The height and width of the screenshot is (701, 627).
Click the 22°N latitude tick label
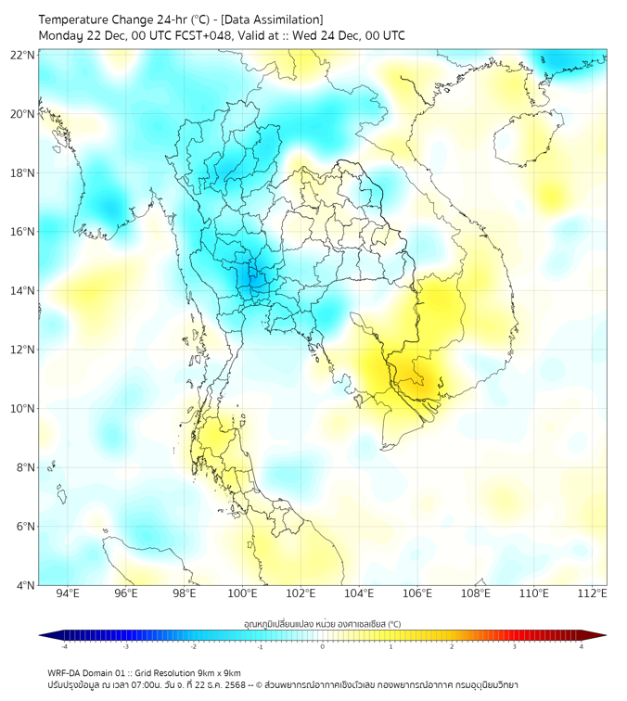click(23, 55)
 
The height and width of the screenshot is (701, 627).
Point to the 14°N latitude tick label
click(23, 290)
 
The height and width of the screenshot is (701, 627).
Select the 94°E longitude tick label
click(68, 593)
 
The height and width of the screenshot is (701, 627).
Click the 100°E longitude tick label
click(242, 593)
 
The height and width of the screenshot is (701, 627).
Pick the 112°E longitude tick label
click(592, 593)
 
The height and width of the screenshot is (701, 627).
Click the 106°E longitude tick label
click(417, 593)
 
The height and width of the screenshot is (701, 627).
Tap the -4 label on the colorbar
click(64, 646)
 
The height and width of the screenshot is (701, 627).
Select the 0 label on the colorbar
click(323, 646)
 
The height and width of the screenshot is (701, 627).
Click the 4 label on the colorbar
click(582, 646)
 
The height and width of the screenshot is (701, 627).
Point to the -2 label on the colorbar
click(193, 646)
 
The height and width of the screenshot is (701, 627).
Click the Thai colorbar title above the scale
click(322, 623)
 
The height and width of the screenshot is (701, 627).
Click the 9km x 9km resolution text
click(215, 673)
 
